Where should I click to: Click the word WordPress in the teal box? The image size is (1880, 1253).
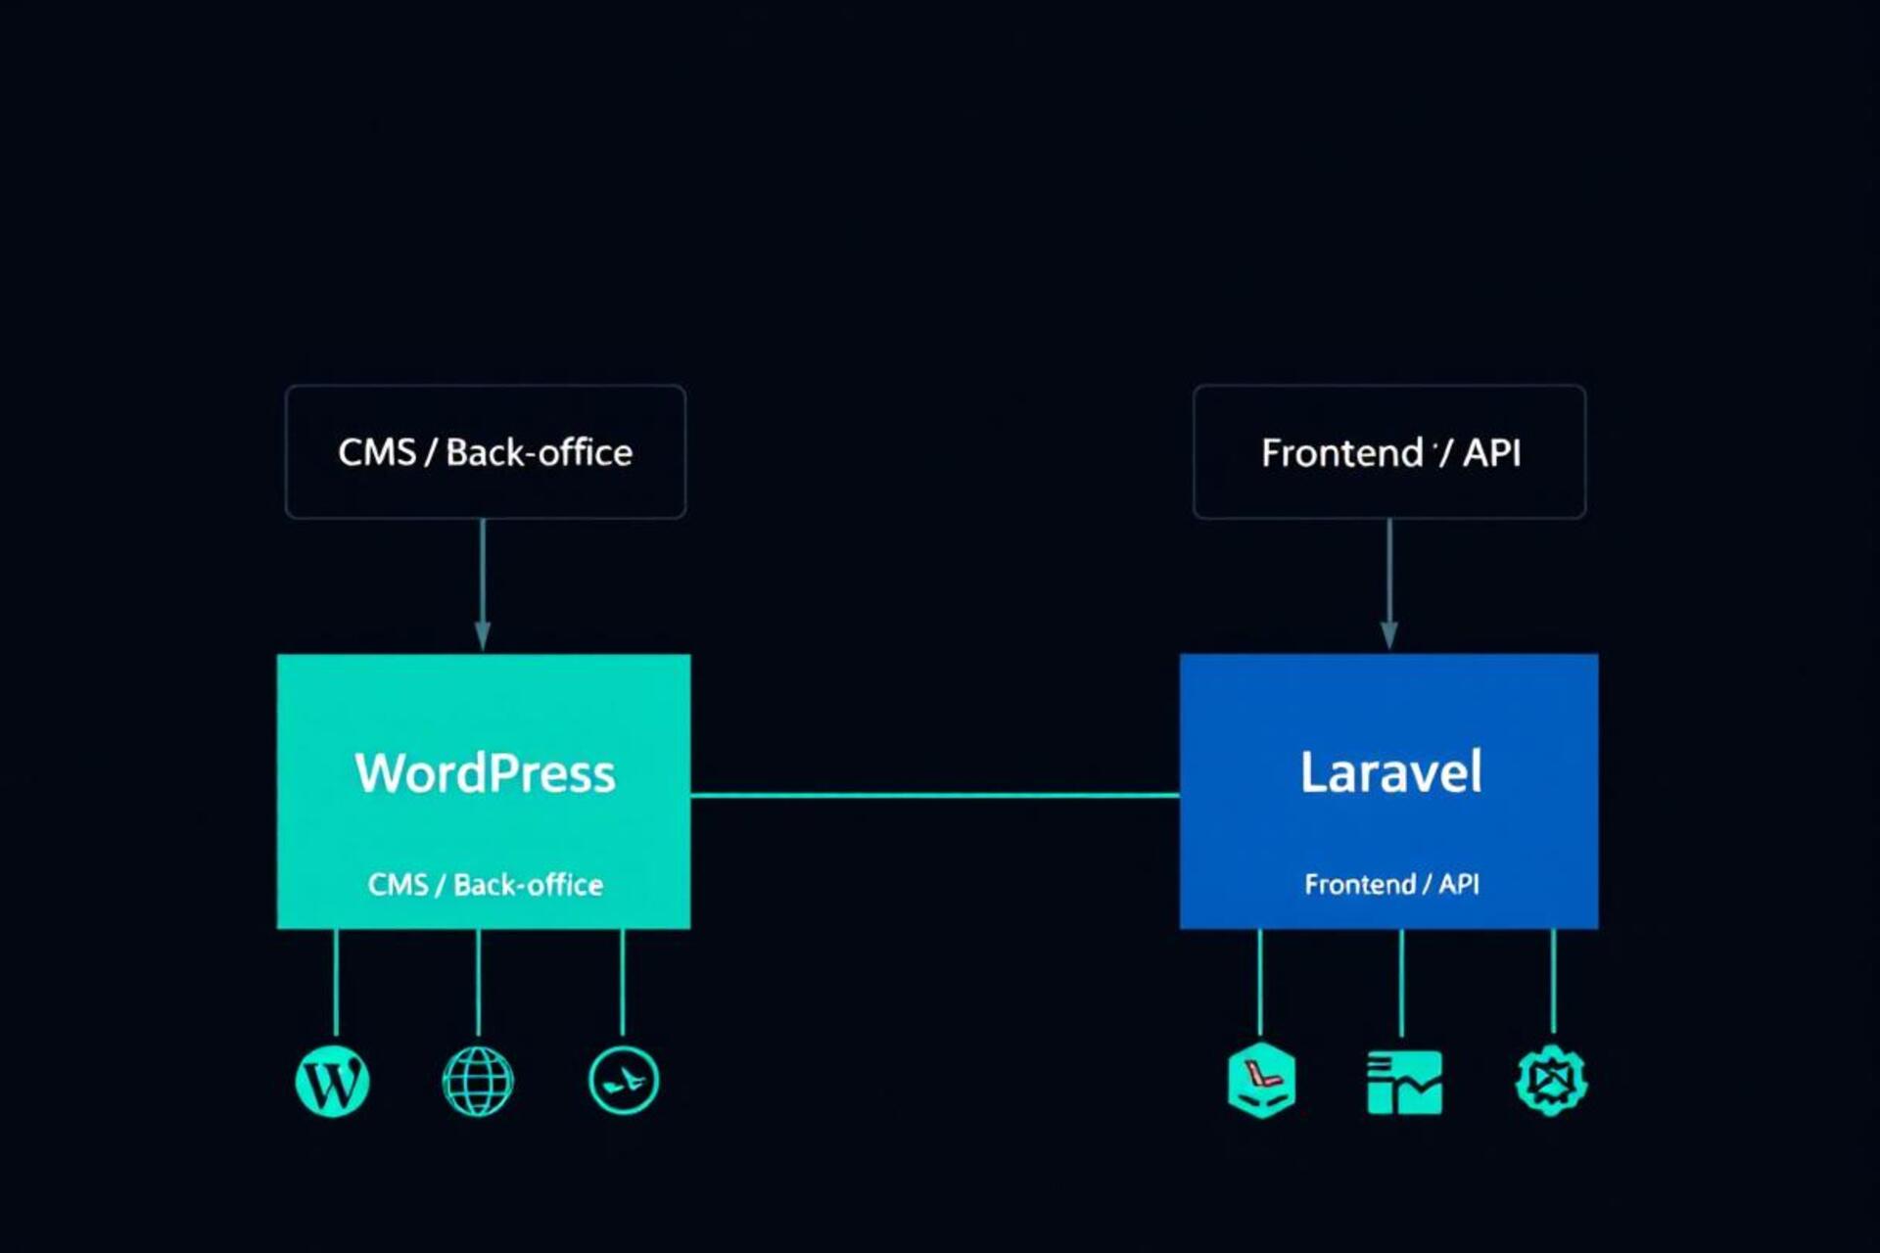(x=485, y=773)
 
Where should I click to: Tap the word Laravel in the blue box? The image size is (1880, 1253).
(x=1390, y=772)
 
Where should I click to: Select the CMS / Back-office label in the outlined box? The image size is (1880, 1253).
(x=485, y=452)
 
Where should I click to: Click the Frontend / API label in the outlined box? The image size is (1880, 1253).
(x=1390, y=452)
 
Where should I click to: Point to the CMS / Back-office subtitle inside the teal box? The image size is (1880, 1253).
(x=485, y=885)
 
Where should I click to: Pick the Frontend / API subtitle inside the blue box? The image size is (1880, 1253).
(x=1391, y=884)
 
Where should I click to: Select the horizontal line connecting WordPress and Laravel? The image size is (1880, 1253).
(x=935, y=795)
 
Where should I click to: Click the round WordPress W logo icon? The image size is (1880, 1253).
(x=332, y=1082)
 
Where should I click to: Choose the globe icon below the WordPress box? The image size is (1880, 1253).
(x=478, y=1082)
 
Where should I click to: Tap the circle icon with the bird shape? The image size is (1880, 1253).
(x=624, y=1081)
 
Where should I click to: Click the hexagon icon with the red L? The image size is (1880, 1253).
(x=1261, y=1081)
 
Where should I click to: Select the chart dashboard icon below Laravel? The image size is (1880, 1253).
(x=1404, y=1082)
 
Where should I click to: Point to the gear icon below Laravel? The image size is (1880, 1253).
(x=1551, y=1081)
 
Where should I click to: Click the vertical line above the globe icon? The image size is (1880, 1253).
(x=478, y=982)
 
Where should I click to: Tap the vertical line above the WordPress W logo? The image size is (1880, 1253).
(x=336, y=982)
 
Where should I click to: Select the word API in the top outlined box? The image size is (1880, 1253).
(x=1491, y=452)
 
